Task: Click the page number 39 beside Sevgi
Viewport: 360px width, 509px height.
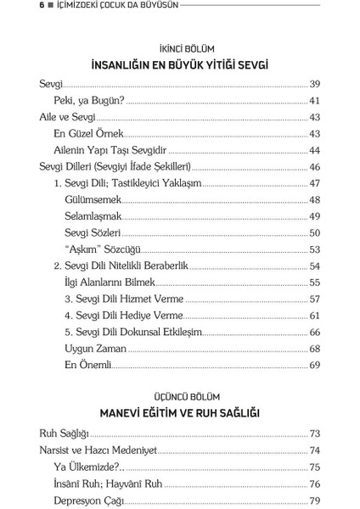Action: [314, 86]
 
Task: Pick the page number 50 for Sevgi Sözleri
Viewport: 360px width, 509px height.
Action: [314, 232]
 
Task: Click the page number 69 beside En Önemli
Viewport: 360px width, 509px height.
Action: [314, 365]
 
